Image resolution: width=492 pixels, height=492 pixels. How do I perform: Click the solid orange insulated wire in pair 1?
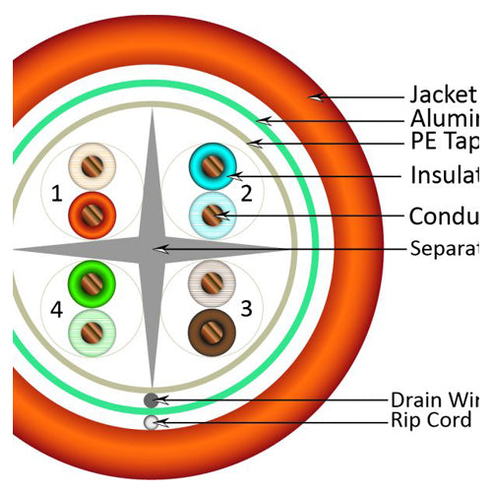[x=93, y=211]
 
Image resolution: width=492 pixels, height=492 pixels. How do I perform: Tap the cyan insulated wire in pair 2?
[x=209, y=163]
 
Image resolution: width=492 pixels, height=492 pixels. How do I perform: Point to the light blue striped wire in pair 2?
[x=209, y=213]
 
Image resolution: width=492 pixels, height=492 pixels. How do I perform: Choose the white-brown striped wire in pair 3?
[x=209, y=279]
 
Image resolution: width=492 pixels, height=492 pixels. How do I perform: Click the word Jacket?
[x=443, y=95]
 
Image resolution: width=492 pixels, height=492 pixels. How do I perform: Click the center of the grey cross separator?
[x=154, y=247]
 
